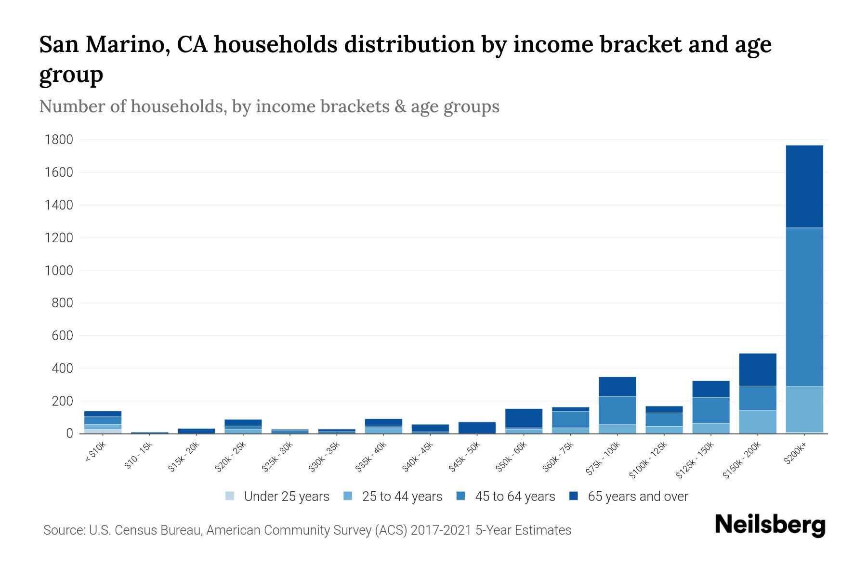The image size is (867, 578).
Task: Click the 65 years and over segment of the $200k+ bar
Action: click(x=804, y=186)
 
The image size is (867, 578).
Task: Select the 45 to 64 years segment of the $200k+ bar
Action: click(x=804, y=307)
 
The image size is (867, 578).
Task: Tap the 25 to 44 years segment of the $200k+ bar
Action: click(x=804, y=409)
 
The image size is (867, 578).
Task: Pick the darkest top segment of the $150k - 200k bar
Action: click(x=758, y=369)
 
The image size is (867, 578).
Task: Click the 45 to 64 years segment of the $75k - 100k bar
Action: click(x=617, y=410)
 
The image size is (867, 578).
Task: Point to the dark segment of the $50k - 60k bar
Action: click(x=524, y=418)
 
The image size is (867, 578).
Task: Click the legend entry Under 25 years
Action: click(x=286, y=497)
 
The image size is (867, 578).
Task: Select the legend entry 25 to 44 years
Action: click(x=402, y=497)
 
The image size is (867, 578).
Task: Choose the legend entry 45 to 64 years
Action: click(x=514, y=497)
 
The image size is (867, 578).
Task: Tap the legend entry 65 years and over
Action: click(x=637, y=497)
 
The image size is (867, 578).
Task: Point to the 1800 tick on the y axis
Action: click(x=58, y=140)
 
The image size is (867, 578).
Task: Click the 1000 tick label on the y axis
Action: click(x=58, y=270)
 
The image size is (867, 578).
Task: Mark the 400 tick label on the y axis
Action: click(x=62, y=368)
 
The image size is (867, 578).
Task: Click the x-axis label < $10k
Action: click(x=95, y=452)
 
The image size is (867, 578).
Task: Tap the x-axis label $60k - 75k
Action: click(x=559, y=457)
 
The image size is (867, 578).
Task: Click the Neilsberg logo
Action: click(x=770, y=525)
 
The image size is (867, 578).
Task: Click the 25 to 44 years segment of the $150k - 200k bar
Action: click(x=758, y=421)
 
